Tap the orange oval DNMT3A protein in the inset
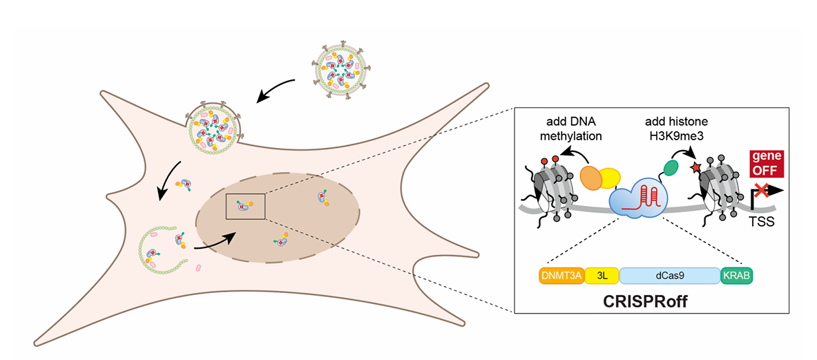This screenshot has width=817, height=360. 593,178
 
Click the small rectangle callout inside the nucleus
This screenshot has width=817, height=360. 245,205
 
